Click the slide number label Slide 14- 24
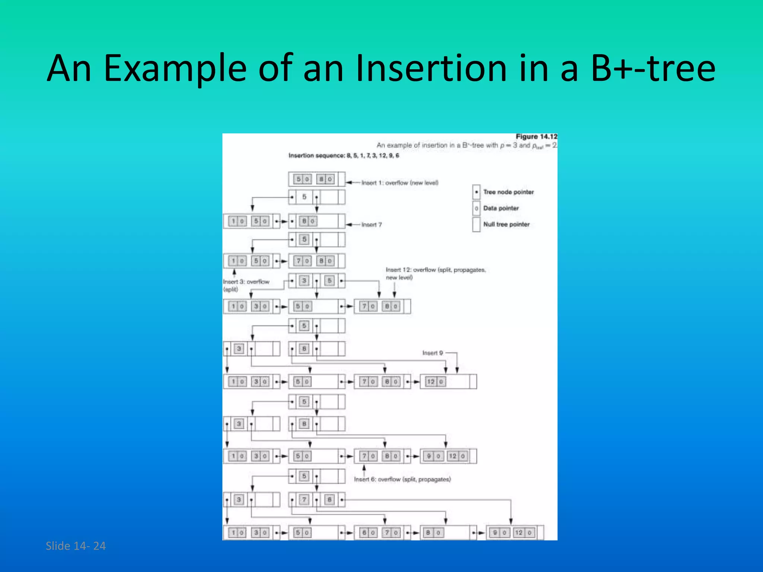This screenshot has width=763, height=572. (76, 546)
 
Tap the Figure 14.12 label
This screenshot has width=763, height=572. (536, 137)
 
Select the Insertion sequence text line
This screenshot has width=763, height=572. (343, 156)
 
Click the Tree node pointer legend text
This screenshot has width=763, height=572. (508, 192)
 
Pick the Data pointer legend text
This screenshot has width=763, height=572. (501, 208)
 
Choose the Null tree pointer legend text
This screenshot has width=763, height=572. (506, 224)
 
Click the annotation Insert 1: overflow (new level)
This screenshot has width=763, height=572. (400, 183)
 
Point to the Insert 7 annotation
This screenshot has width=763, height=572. (371, 225)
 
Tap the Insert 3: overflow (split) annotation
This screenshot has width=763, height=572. (246, 285)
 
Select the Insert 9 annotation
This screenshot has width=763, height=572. (433, 353)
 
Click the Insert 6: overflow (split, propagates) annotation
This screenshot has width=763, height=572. (402, 479)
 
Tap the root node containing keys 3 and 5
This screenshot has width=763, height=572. (317, 281)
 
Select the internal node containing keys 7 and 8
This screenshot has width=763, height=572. (317, 500)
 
